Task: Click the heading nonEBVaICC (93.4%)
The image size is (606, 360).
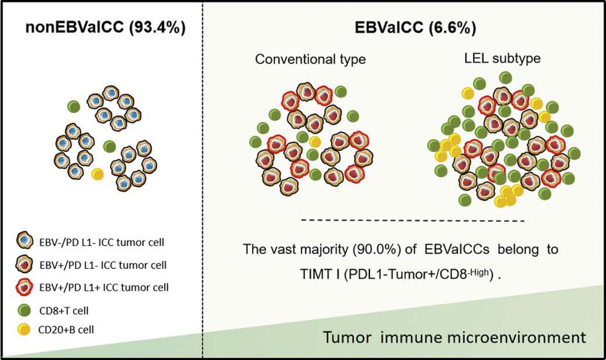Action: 106,27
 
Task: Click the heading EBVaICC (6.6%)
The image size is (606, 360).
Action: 415,27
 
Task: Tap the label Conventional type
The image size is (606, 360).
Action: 310,59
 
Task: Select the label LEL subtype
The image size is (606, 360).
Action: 502,59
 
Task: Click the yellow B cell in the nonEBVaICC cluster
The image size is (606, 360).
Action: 97,174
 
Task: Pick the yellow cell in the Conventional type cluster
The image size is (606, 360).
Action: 315,142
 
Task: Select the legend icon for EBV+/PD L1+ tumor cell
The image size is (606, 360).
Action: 25,288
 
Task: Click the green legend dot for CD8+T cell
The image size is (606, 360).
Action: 24,310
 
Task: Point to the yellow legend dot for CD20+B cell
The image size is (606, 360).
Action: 24,329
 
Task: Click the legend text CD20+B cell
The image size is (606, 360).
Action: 66,329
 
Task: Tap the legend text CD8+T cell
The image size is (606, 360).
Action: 64,311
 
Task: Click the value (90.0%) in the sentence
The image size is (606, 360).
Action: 376,249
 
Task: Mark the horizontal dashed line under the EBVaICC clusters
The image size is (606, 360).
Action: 413,221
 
